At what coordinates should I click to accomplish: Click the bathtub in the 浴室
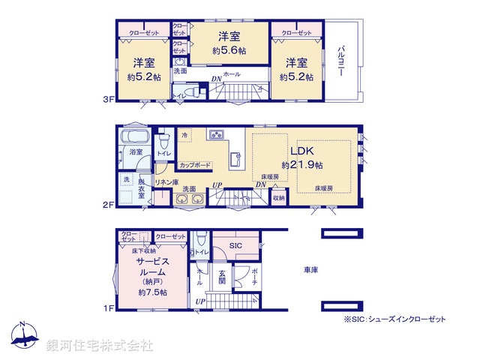(x=135, y=139)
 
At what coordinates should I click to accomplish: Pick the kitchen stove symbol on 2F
(x=217, y=134)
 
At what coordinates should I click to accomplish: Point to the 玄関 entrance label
(x=222, y=277)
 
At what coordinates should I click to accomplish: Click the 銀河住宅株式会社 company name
(x=99, y=346)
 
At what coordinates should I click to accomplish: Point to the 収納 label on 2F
(x=277, y=198)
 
